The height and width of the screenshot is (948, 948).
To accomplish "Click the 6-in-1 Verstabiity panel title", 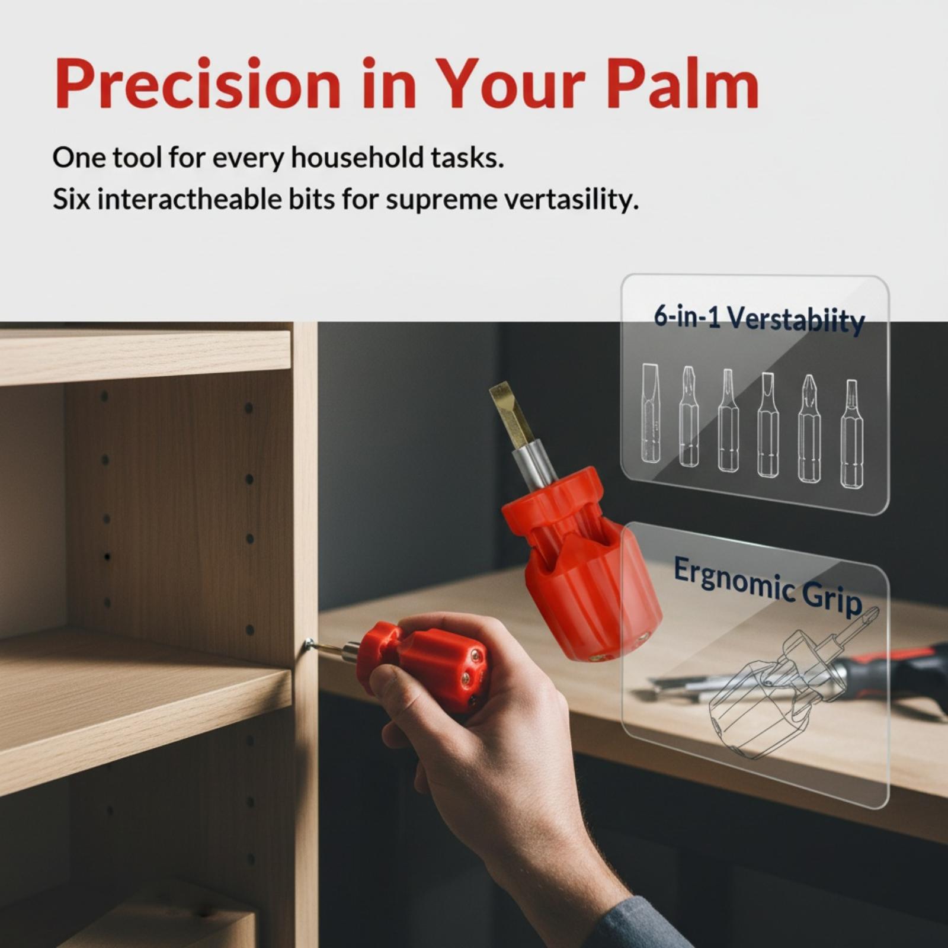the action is coord(759,319).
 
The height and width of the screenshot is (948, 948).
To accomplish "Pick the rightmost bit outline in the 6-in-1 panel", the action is coord(851,434).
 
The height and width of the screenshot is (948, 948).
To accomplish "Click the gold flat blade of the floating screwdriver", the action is coord(511,414).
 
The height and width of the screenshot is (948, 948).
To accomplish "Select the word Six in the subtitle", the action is coord(71,200).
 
